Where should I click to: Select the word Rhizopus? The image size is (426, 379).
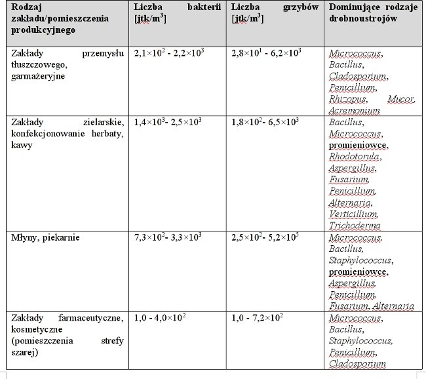[x=346, y=100]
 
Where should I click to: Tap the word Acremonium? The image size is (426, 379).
[x=354, y=111]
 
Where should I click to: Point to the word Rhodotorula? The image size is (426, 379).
[x=354, y=157]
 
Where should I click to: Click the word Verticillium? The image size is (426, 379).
[x=353, y=214]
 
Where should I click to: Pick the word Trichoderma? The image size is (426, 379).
[x=354, y=225]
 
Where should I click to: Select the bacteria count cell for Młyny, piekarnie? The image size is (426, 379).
[x=168, y=237]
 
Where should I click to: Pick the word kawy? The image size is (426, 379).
[x=20, y=145]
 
